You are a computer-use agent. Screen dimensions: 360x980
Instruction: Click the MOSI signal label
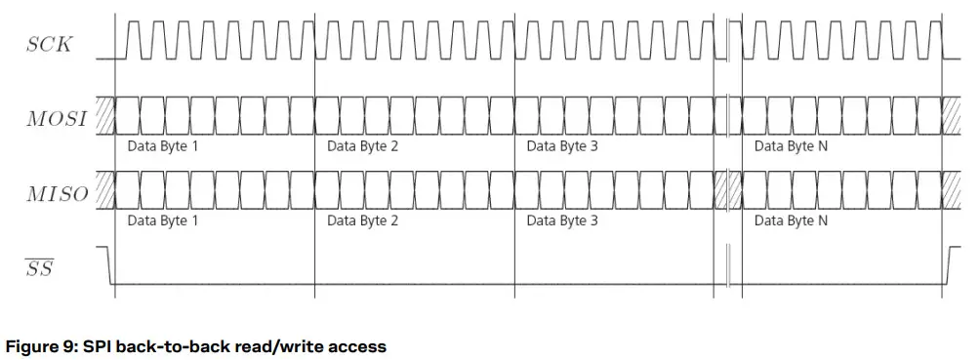(x=57, y=119)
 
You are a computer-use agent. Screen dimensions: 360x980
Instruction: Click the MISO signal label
(x=57, y=193)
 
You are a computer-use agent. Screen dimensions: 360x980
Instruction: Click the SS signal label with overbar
(x=39, y=267)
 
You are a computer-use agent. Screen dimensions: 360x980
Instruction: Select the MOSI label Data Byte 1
(x=163, y=146)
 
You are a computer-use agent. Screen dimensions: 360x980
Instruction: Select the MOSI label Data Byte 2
(x=362, y=146)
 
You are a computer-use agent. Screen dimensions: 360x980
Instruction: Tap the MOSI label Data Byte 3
(x=561, y=146)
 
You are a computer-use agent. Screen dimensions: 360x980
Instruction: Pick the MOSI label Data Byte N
(x=792, y=146)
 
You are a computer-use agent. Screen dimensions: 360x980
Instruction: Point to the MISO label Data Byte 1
(x=163, y=220)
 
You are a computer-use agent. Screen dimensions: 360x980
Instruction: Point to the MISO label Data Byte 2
(x=362, y=220)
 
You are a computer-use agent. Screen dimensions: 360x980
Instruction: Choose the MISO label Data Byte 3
(x=561, y=220)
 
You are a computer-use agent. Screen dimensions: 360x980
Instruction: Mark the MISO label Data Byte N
(x=792, y=220)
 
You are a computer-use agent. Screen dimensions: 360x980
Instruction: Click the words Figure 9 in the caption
(x=43, y=346)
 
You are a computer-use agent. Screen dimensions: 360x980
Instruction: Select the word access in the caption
(x=357, y=346)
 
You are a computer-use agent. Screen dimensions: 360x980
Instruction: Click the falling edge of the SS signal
(x=111, y=265)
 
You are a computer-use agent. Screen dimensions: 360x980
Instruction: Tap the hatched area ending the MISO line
(x=953, y=191)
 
